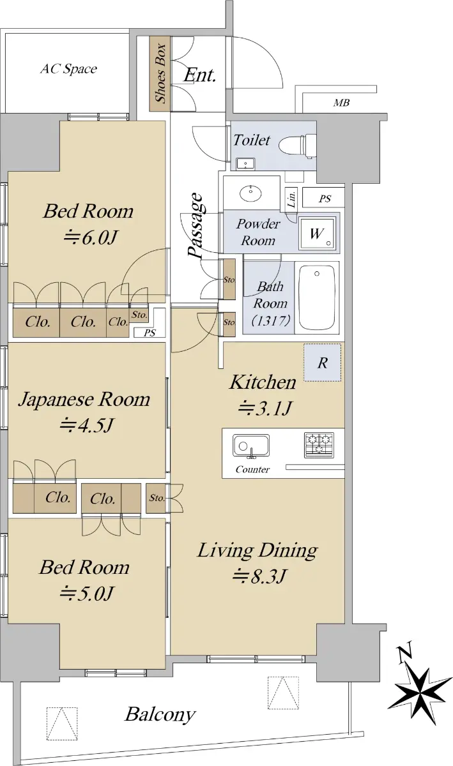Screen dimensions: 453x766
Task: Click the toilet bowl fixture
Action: (297, 146)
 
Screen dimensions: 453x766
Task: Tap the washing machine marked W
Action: (317, 233)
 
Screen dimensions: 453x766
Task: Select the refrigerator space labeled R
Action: (322, 363)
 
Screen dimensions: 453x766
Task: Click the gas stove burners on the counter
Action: (319, 445)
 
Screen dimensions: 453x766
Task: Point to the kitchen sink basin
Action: (251, 446)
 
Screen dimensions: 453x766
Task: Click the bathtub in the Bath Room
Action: (317, 297)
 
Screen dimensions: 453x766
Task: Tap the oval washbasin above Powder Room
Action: (250, 193)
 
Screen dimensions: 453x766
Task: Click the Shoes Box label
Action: (160, 73)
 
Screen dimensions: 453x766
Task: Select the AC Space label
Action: (68, 69)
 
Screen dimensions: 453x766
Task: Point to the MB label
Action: (341, 103)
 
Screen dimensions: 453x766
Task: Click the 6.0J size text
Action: (90, 237)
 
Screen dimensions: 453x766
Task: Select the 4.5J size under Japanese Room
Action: (86, 425)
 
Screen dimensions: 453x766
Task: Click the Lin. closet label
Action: (291, 199)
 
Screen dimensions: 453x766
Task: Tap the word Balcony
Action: (160, 714)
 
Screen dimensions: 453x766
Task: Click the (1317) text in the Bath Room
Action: (271, 320)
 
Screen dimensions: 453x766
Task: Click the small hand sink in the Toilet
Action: (245, 163)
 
